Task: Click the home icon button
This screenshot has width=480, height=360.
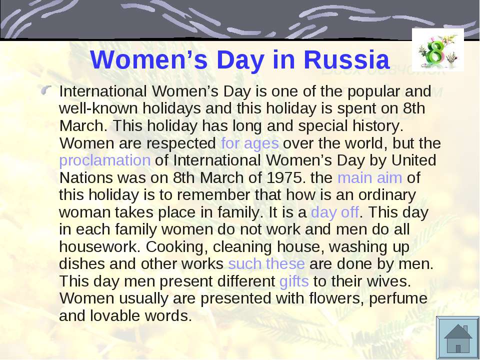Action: tap(457, 338)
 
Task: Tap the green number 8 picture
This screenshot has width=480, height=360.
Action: tap(438, 50)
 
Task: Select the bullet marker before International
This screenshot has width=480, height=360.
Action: tap(46, 90)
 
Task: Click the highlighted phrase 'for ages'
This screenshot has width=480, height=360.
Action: tap(250, 143)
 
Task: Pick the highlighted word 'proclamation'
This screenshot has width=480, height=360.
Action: tap(104, 160)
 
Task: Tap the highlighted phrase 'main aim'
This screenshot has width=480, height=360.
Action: tap(370, 177)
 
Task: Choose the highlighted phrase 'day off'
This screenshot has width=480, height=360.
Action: tap(335, 212)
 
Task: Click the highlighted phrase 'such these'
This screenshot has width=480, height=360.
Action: tap(266, 264)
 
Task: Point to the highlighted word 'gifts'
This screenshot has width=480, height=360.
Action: tap(294, 281)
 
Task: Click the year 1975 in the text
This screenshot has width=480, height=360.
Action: tap(284, 178)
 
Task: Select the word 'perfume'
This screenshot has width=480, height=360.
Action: tap(398, 298)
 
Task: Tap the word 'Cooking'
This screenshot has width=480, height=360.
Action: tap(174, 247)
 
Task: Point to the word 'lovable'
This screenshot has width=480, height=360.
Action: tap(115, 315)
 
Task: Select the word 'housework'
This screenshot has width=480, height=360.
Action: tap(98, 246)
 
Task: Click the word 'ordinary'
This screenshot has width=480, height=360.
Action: tap(387, 195)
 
